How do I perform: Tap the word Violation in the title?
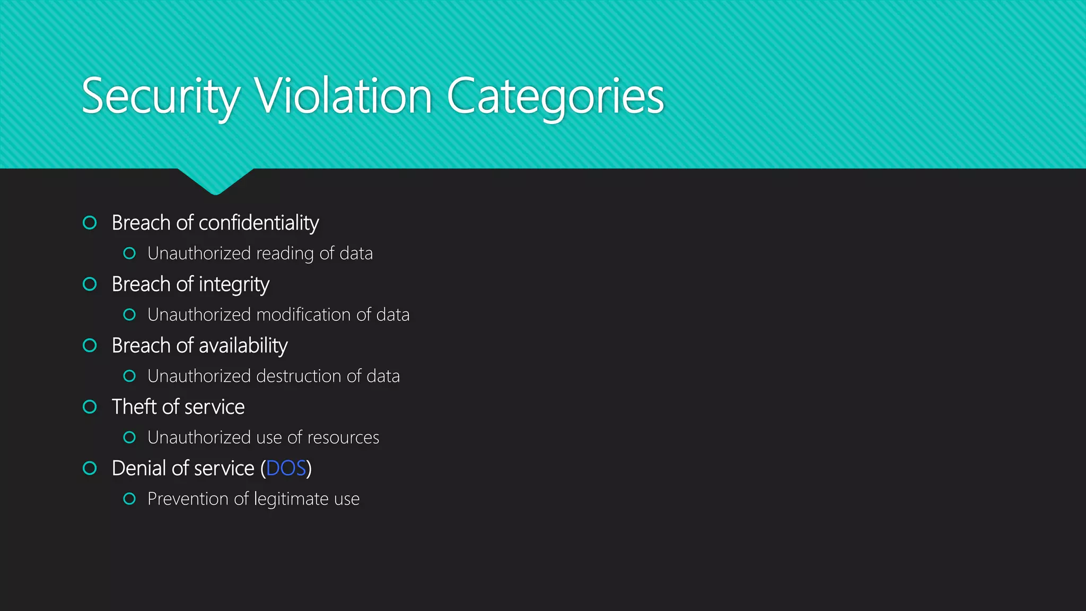coord(344,97)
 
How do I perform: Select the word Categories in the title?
coord(555,97)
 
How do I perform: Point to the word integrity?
coord(234,285)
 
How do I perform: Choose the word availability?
coord(244,346)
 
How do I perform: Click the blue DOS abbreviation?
coord(286,468)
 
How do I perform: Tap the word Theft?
coord(134,407)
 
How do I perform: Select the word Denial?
coord(139,468)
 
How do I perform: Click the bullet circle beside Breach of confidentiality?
coord(90,223)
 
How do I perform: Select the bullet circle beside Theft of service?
coord(90,407)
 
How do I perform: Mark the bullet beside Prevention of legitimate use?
coord(129,499)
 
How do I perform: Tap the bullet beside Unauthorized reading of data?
coord(129,254)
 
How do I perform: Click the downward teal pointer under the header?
coord(215,180)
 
